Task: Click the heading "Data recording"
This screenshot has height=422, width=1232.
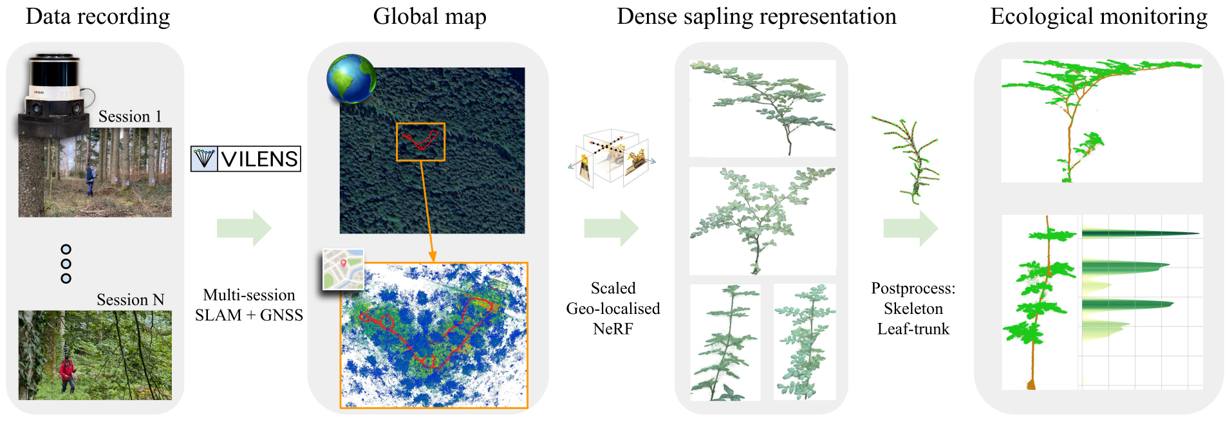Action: point(98,17)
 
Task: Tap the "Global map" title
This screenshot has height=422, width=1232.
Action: point(429,17)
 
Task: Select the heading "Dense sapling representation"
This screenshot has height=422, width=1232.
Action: point(756,17)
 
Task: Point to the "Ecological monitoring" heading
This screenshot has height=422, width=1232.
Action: point(1098,17)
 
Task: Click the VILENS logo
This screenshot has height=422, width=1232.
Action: point(246,159)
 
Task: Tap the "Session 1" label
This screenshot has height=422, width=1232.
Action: point(130,116)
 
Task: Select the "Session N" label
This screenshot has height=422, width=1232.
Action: point(130,300)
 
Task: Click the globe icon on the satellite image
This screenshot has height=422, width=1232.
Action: point(351,78)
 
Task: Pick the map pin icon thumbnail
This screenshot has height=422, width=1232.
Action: point(343,269)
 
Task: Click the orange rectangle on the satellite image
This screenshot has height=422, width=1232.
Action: point(420,142)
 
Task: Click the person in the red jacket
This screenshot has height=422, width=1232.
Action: point(67,374)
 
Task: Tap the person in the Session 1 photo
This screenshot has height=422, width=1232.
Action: point(91,179)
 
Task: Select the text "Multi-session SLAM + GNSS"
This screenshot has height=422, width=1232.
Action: point(249,305)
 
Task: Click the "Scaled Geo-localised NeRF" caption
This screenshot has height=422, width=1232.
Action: point(613,308)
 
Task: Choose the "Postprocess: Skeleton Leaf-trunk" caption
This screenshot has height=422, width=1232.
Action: point(913,308)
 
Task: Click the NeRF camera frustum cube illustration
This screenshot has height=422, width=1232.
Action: point(611,158)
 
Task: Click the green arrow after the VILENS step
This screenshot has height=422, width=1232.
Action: point(244,228)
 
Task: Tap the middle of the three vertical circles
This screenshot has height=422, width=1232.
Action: point(66,264)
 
